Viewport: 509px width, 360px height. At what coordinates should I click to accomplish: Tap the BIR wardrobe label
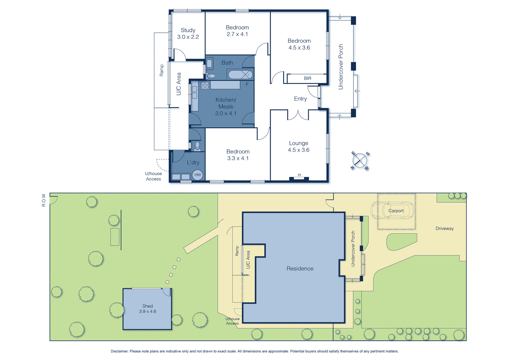click(x=307, y=78)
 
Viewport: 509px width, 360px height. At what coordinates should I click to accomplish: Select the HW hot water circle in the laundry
click(x=198, y=175)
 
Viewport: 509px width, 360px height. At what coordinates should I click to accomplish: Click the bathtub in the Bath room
click(x=240, y=74)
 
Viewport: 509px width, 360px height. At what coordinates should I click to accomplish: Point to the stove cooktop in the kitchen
click(x=205, y=85)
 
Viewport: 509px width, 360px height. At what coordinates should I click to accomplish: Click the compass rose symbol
click(x=360, y=161)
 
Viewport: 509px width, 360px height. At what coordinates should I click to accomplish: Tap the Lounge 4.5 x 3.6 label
click(x=299, y=146)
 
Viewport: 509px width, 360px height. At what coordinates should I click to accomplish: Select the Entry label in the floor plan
click(x=300, y=99)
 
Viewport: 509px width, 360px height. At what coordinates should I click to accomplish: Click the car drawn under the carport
click(x=393, y=210)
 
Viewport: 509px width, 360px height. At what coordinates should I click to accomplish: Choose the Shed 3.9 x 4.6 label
click(x=148, y=309)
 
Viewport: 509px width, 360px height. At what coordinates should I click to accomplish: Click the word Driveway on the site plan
click(x=444, y=228)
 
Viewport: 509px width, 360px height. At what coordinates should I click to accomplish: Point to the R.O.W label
click(x=44, y=200)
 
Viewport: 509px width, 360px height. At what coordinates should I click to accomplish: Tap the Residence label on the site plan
click(x=300, y=269)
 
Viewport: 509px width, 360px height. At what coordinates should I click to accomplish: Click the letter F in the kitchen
click(x=247, y=84)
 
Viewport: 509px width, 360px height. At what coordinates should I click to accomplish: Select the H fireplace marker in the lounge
click(x=299, y=175)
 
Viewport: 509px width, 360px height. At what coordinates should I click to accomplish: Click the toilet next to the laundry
click(x=197, y=146)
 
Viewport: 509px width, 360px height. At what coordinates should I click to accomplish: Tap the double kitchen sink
click(x=194, y=92)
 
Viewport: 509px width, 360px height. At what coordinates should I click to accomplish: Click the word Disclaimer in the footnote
click(x=120, y=351)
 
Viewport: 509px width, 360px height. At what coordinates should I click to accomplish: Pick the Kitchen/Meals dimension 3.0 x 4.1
click(x=226, y=113)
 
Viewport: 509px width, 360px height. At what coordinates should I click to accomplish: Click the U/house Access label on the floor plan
click(x=153, y=176)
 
